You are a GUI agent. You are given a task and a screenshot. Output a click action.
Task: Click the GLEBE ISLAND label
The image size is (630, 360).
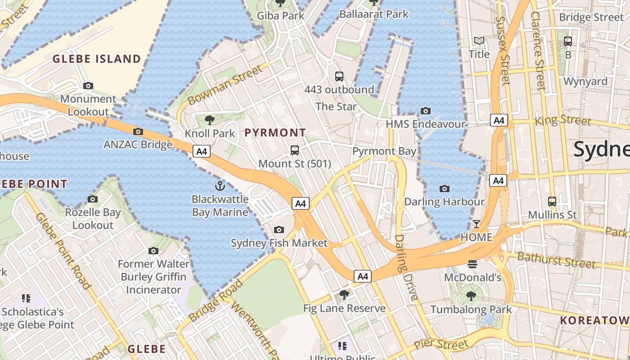tap(97, 59)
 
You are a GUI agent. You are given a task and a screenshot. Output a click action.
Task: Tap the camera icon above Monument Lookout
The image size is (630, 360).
tap(88, 85)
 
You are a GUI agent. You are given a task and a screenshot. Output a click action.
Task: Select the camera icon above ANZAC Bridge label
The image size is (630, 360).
tap(138, 131)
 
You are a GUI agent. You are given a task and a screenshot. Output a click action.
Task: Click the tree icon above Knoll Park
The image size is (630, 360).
tap(209, 120)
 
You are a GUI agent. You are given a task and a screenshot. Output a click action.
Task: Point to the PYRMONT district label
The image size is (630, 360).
tap(275, 133)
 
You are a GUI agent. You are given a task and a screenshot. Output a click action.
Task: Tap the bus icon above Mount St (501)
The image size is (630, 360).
tap(295, 150)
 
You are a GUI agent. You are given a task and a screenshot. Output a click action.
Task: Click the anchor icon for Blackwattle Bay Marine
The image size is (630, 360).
tap(220, 185)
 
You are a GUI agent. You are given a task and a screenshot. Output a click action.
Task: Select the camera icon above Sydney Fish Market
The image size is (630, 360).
tap(279, 230)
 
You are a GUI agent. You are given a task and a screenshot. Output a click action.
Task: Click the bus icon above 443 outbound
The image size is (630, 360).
tap(339, 76)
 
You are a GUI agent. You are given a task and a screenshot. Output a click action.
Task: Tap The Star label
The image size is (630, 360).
tap(336, 107)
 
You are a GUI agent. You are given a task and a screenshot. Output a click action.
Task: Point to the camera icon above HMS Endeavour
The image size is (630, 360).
tap(425, 111)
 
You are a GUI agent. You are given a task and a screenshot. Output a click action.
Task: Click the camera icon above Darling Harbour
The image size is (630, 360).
tap(445, 189)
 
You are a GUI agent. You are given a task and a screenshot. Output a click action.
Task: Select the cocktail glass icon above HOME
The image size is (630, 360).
tap(476, 224)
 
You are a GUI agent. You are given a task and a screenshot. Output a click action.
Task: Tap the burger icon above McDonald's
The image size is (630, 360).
tap(472, 264)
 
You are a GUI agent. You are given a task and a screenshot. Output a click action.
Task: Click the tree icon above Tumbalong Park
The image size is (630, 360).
tap(471, 296)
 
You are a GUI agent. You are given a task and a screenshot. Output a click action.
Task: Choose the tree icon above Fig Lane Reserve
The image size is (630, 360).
tap(344, 295)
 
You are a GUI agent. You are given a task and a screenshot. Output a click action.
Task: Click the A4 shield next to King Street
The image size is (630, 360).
tap(499, 120)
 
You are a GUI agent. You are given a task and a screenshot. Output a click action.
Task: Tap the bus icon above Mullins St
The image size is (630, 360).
tap(552, 201)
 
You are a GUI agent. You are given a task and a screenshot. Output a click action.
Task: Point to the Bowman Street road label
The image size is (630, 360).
tap(225, 85)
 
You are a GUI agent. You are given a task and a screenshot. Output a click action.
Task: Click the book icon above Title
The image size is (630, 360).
tap(479, 41)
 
